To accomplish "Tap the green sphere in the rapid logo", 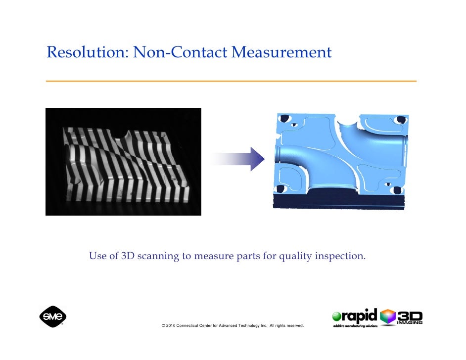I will pos(337,317).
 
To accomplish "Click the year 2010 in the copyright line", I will pos(170,326).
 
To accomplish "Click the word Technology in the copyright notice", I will pos(250,326).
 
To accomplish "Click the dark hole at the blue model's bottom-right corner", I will pos(397,189).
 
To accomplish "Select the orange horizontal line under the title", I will pos(231,81).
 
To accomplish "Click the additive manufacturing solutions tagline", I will pos(355,326).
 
